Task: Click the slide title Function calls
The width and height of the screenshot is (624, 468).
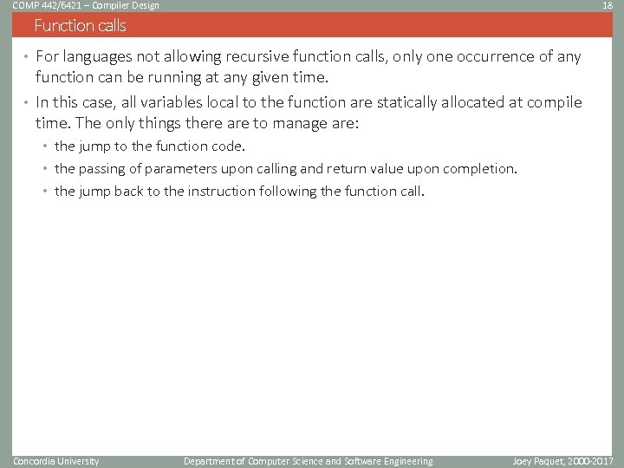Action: click(x=80, y=26)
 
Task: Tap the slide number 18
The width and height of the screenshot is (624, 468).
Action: click(x=608, y=5)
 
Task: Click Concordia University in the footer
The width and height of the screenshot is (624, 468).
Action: click(x=56, y=461)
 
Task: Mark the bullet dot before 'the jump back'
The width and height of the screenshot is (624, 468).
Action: click(x=47, y=192)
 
